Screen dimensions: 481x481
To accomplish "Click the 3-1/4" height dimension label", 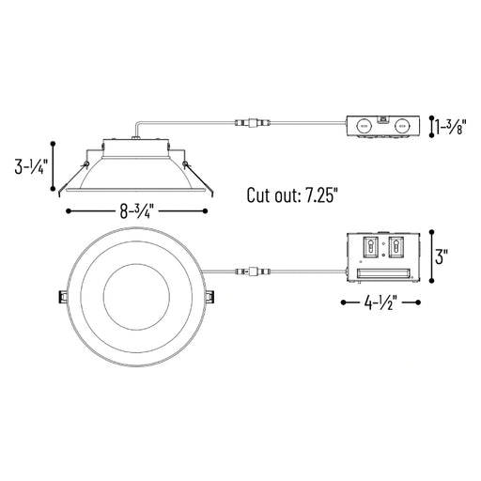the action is tap(31, 166).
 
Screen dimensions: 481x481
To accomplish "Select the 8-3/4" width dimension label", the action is tap(137, 211).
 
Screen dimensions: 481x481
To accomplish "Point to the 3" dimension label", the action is tap(442, 256).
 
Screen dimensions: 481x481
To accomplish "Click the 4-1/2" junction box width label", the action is tap(380, 303).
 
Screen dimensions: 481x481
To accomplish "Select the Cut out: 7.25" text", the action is tap(293, 194).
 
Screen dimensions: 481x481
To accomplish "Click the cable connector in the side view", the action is tap(253, 122).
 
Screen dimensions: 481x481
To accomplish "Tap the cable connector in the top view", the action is tap(253, 271).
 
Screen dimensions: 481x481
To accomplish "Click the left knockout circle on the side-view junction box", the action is tap(365, 127).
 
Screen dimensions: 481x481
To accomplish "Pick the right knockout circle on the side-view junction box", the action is tap(402, 127).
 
